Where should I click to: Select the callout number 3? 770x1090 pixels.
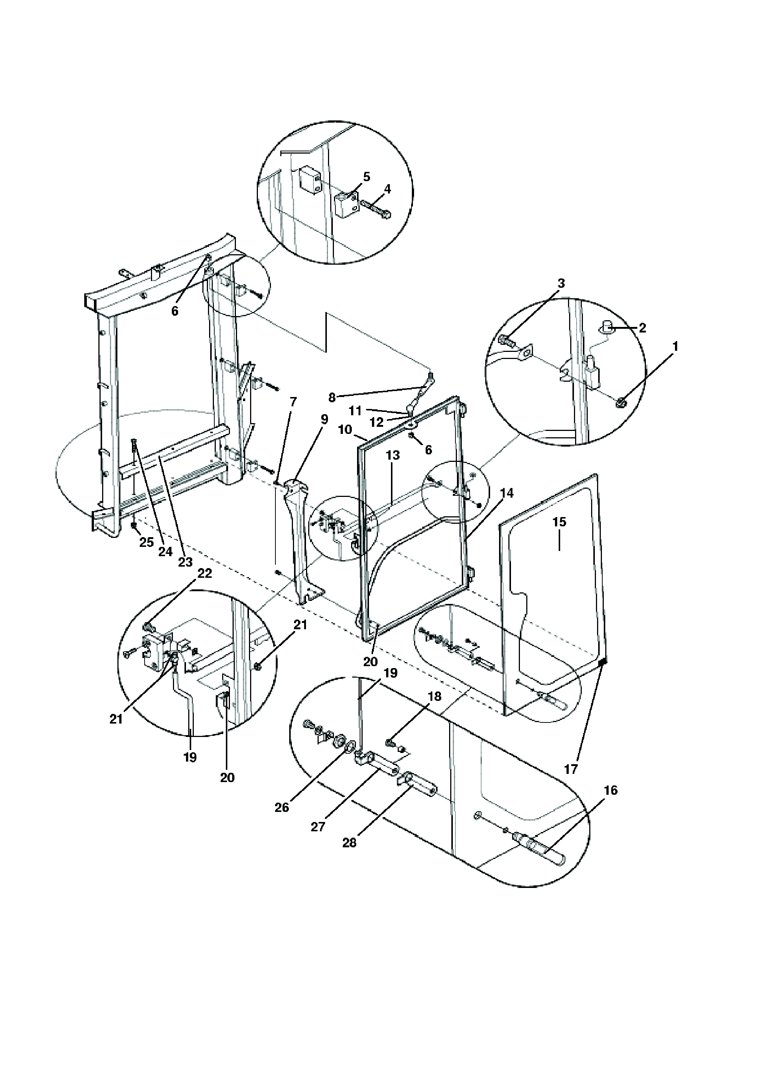(x=561, y=283)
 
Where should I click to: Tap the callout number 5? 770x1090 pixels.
(x=366, y=177)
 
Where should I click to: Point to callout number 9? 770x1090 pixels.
(x=324, y=419)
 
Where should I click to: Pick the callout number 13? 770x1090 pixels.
(x=392, y=455)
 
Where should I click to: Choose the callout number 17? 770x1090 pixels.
(x=571, y=769)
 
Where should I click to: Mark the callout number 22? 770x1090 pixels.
(x=205, y=573)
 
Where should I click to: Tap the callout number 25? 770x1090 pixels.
(x=147, y=542)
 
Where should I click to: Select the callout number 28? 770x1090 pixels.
(x=349, y=842)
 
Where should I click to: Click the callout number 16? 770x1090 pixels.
(x=611, y=790)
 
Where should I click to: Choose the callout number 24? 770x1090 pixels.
(x=165, y=552)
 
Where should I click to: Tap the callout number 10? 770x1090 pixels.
(x=345, y=430)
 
